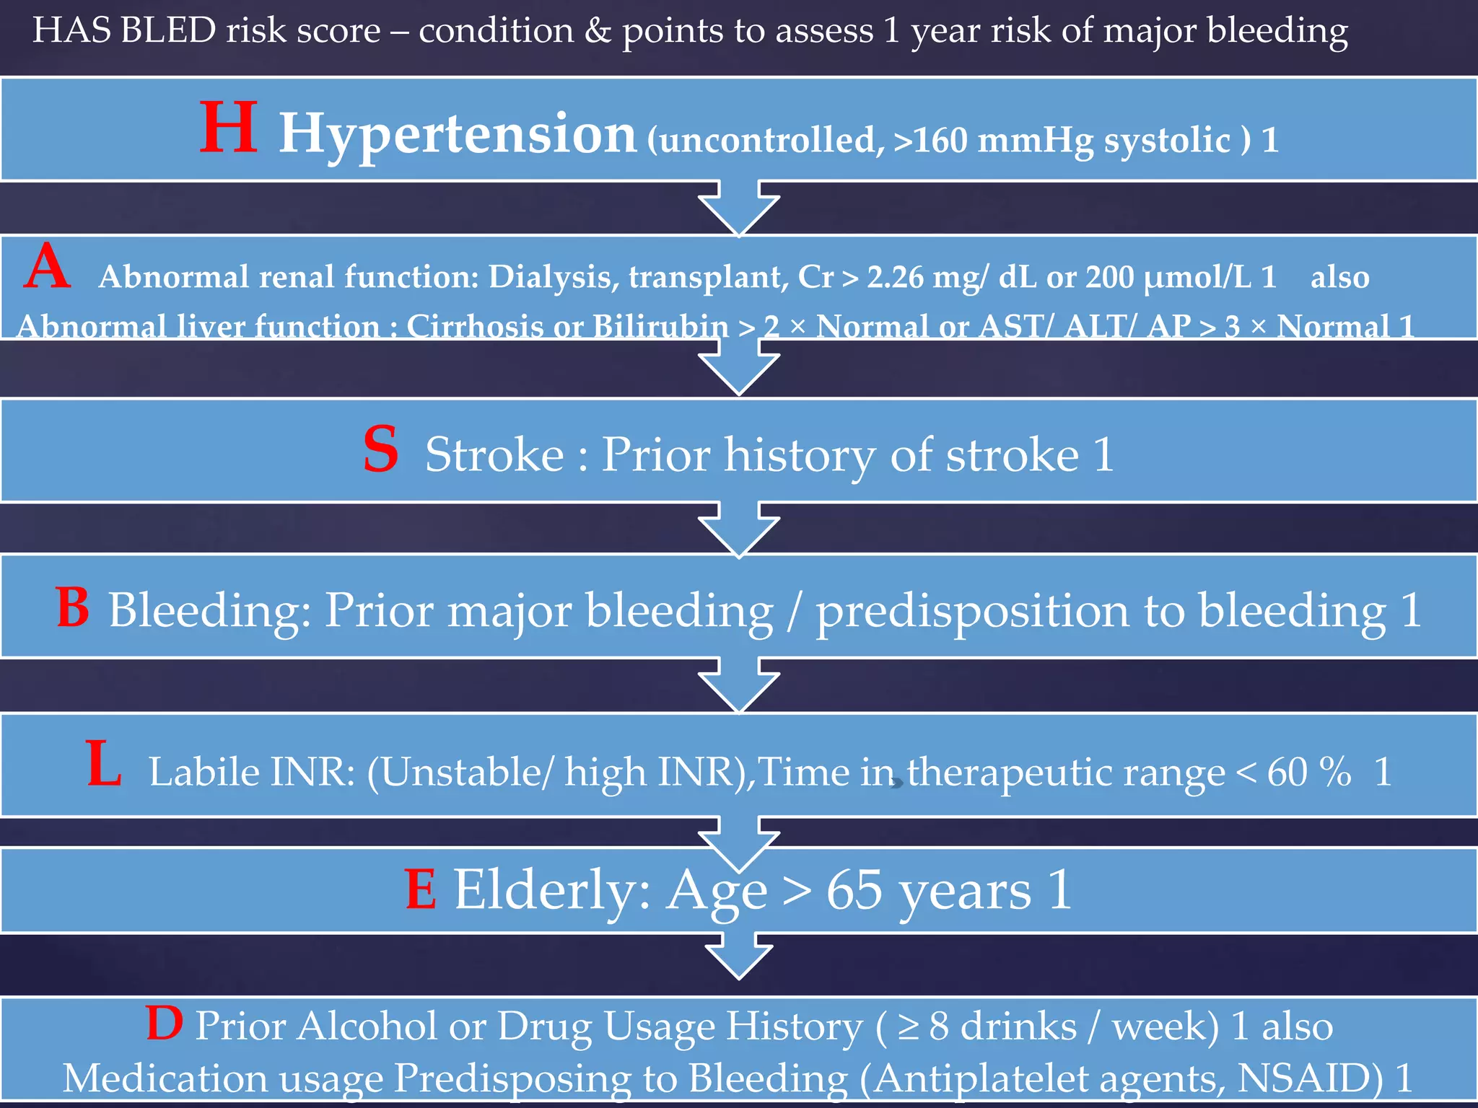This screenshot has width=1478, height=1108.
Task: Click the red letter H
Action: click(x=228, y=128)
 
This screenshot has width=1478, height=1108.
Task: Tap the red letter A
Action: click(x=47, y=266)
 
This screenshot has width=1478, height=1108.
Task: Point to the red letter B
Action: click(x=72, y=607)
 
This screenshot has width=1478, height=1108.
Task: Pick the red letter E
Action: click(x=420, y=889)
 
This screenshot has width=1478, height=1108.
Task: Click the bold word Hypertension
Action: click(x=458, y=135)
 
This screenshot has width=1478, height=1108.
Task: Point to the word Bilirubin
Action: click(x=660, y=326)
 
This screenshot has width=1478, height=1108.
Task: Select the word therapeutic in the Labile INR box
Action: click(x=1066, y=773)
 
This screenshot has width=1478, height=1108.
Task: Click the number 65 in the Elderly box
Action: click(x=854, y=890)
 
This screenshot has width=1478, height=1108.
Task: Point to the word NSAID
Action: click(x=1310, y=1078)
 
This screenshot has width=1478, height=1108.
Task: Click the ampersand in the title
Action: click(x=598, y=31)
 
